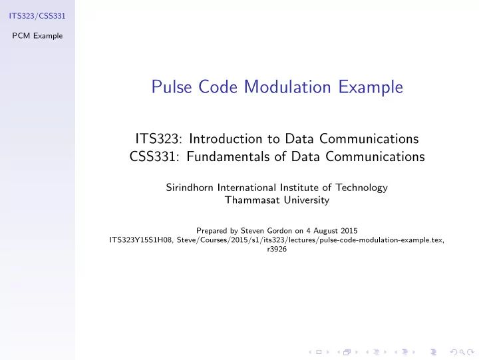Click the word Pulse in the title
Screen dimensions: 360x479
click(170, 87)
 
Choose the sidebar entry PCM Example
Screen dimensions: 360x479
click(37, 35)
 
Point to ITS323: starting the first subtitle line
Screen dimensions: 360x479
click(160, 139)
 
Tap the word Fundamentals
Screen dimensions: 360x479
click(226, 157)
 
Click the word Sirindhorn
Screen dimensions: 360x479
click(189, 188)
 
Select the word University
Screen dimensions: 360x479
click(307, 200)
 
